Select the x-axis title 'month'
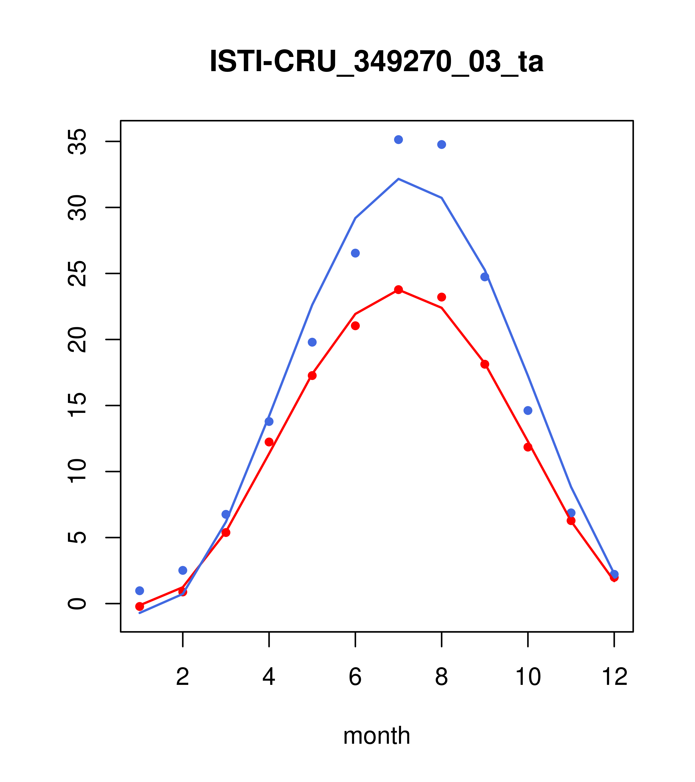[x=376, y=736]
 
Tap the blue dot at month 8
[x=441, y=145]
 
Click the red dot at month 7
[x=398, y=290]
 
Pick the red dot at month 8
[x=441, y=297]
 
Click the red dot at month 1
[x=140, y=606]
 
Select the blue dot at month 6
[x=355, y=253]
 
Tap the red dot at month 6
[x=355, y=326]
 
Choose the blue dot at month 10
[x=528, y=411]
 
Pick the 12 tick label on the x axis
[x=614, y=678]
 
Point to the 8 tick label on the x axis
[x=441, y=678]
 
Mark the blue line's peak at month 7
[x=398, y=179]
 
